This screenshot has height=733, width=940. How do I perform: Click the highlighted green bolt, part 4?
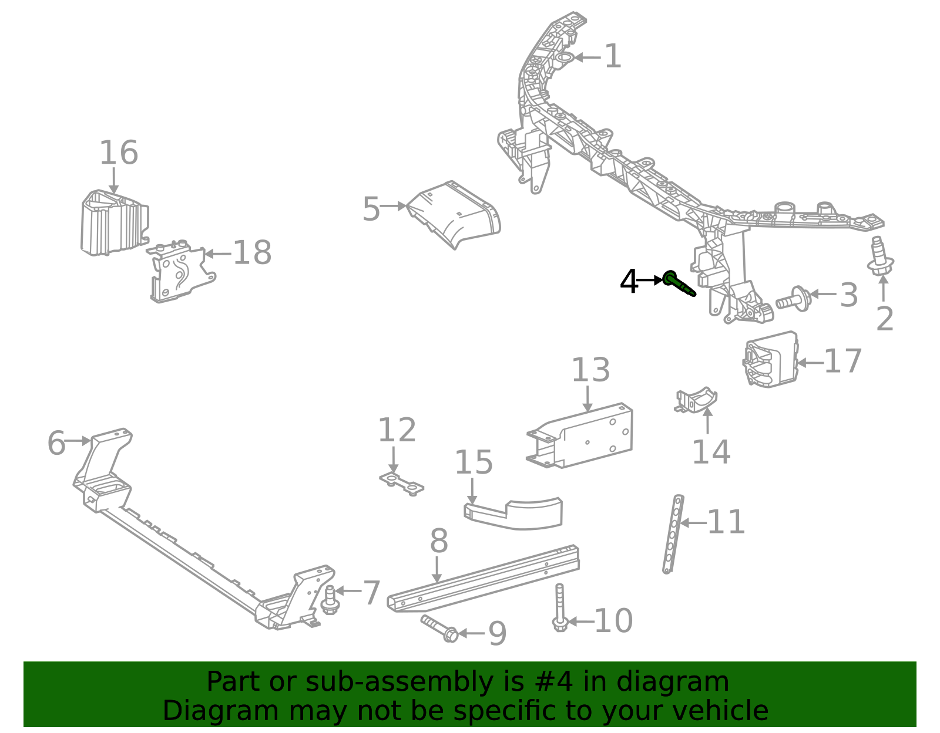(678, 284)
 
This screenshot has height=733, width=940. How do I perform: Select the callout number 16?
(119, 153)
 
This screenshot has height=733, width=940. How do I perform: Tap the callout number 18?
(252, 253)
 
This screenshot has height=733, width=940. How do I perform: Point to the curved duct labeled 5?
(454, 215)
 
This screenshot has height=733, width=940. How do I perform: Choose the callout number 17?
(842, 361)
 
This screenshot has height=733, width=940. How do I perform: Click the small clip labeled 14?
(696, 400)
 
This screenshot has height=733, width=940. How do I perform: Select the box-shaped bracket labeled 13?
(580, 435)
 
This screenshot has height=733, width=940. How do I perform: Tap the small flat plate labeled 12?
(401, 485)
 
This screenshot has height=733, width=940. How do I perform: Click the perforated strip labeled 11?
(673, 534)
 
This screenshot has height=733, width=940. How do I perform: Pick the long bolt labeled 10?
(560, 608)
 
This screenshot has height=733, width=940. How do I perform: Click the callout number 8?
(439, 541)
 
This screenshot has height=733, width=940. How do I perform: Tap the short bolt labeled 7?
(330, 600)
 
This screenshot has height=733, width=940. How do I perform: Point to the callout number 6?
(56, 442)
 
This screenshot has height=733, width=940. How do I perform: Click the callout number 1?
(613, 56)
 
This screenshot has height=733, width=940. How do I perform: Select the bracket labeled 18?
(181, 271)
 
